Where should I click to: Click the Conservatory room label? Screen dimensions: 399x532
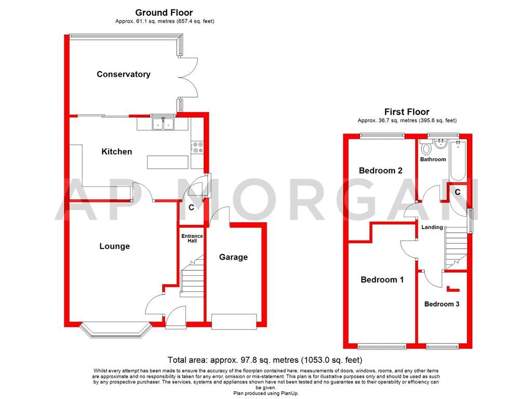point(124,74)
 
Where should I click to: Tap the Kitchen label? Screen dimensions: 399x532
point(116,152)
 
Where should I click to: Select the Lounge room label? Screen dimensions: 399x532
point(114,246)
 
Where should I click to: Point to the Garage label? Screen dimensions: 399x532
point(233,257)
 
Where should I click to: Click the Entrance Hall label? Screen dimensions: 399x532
point(192,238)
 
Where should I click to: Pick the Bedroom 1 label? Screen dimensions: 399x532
point(382,280)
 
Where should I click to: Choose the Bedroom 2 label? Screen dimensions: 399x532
point(380,170)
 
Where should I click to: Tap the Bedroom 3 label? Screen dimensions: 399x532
point(442,304)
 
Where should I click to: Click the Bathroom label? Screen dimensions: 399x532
point(433,159)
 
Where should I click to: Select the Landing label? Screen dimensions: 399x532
point(432,227)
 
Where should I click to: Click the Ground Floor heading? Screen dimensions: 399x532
point(164,12)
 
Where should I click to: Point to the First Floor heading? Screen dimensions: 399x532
point(407,112)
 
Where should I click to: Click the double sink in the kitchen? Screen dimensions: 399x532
point(163,124)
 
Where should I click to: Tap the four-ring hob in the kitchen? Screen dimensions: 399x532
point(198,148)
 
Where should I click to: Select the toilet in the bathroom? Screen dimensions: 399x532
point(427,149)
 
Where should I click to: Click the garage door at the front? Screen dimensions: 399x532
point(234,321)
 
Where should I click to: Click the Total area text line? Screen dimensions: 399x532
point(265,360)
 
